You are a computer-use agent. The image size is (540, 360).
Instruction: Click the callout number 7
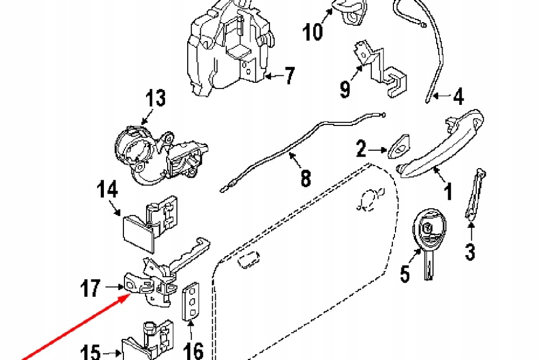(x=290, y=76)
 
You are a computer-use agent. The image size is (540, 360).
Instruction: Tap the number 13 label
(x=156, y=98)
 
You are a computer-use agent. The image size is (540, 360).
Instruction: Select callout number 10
(x=313, y=32)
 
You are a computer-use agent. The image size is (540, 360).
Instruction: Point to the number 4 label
(x=458, y=96)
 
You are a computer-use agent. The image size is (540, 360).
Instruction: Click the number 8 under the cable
(x=305, y=178)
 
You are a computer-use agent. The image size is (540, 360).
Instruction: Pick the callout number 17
(x=91, y=288)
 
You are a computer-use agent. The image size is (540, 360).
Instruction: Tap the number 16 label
(x=193, y=351)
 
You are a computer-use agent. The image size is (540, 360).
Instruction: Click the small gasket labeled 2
(x=399, y=147)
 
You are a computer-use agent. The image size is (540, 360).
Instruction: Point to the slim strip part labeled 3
(x=475, y=194)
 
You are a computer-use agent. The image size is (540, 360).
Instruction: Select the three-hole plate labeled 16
(x=190, y=301)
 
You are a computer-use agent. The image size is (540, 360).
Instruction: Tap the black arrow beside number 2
(x=378, y=150)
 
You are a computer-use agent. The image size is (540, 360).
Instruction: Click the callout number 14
(x=107, y=189)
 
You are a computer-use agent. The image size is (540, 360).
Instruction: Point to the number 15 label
(x=90, y=353)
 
